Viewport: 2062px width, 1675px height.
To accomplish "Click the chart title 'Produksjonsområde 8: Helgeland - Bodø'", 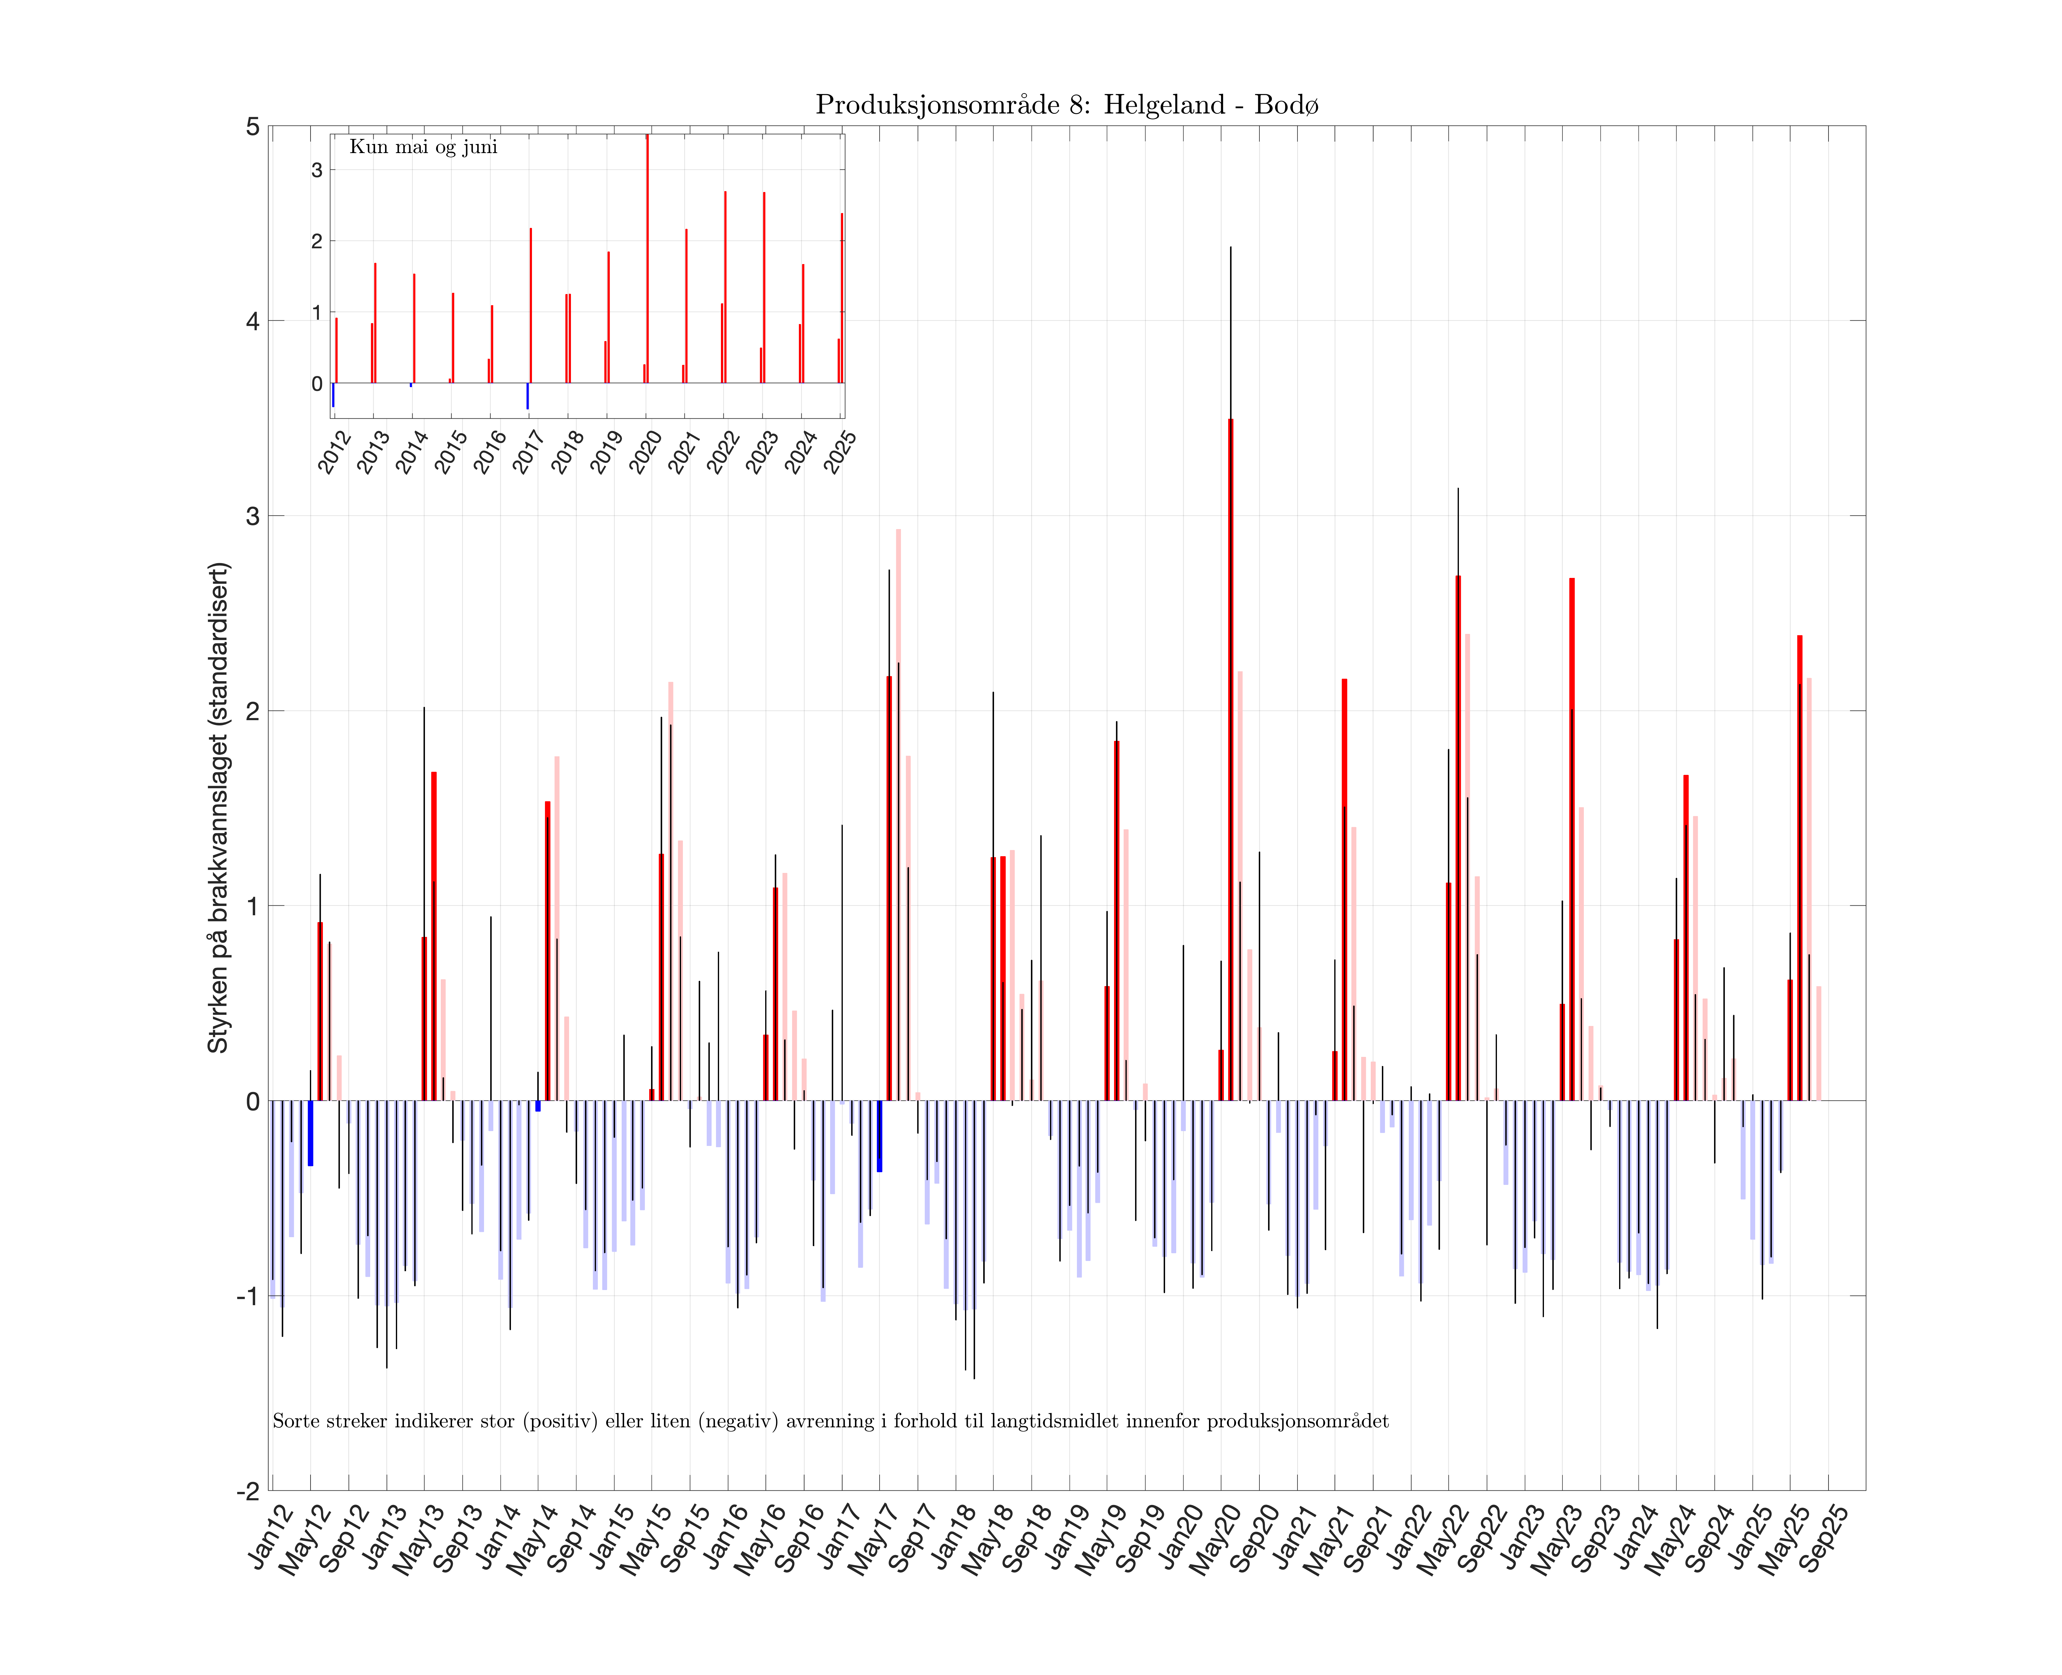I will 1066,104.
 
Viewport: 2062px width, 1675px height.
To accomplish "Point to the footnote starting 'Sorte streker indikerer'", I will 830,1421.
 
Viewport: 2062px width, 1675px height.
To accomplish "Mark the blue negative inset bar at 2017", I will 527,395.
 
